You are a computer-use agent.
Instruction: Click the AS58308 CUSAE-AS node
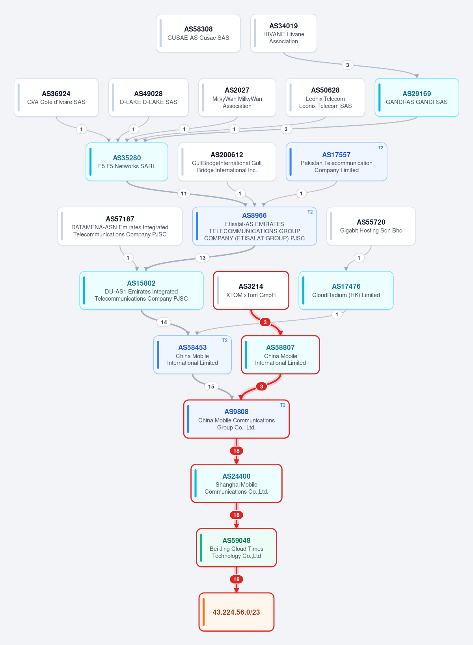pos(198,33)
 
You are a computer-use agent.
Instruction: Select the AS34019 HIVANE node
pos(284,33)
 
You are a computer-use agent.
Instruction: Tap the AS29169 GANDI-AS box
pos(417,97)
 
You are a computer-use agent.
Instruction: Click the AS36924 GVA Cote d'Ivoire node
pos(56,97)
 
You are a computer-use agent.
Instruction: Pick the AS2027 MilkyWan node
pos(237,97)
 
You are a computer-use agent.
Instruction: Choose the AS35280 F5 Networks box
pos(127,162)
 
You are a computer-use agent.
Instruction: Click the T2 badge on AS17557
pos(380,148)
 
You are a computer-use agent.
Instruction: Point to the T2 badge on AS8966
pos(310,212)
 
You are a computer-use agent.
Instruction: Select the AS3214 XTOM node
pos(251,290)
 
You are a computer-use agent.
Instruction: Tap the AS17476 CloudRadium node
pos(346,290)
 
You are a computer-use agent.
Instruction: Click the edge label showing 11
pos(184,193)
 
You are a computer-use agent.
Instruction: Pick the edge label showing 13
pos(203,258)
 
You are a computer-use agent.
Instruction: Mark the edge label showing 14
pos(164,322)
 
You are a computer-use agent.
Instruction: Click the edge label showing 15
pos(211,387)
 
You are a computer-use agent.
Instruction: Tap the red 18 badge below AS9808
pos(236,451)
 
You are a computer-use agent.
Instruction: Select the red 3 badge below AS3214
pos(265,322)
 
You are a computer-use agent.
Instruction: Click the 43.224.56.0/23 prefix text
pos(236,612)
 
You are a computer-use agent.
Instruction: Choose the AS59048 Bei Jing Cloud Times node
pos(236,548)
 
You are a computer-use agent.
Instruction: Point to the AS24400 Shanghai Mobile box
pos(236,483)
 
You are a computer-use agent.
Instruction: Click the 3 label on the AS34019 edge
pos(347,65)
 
